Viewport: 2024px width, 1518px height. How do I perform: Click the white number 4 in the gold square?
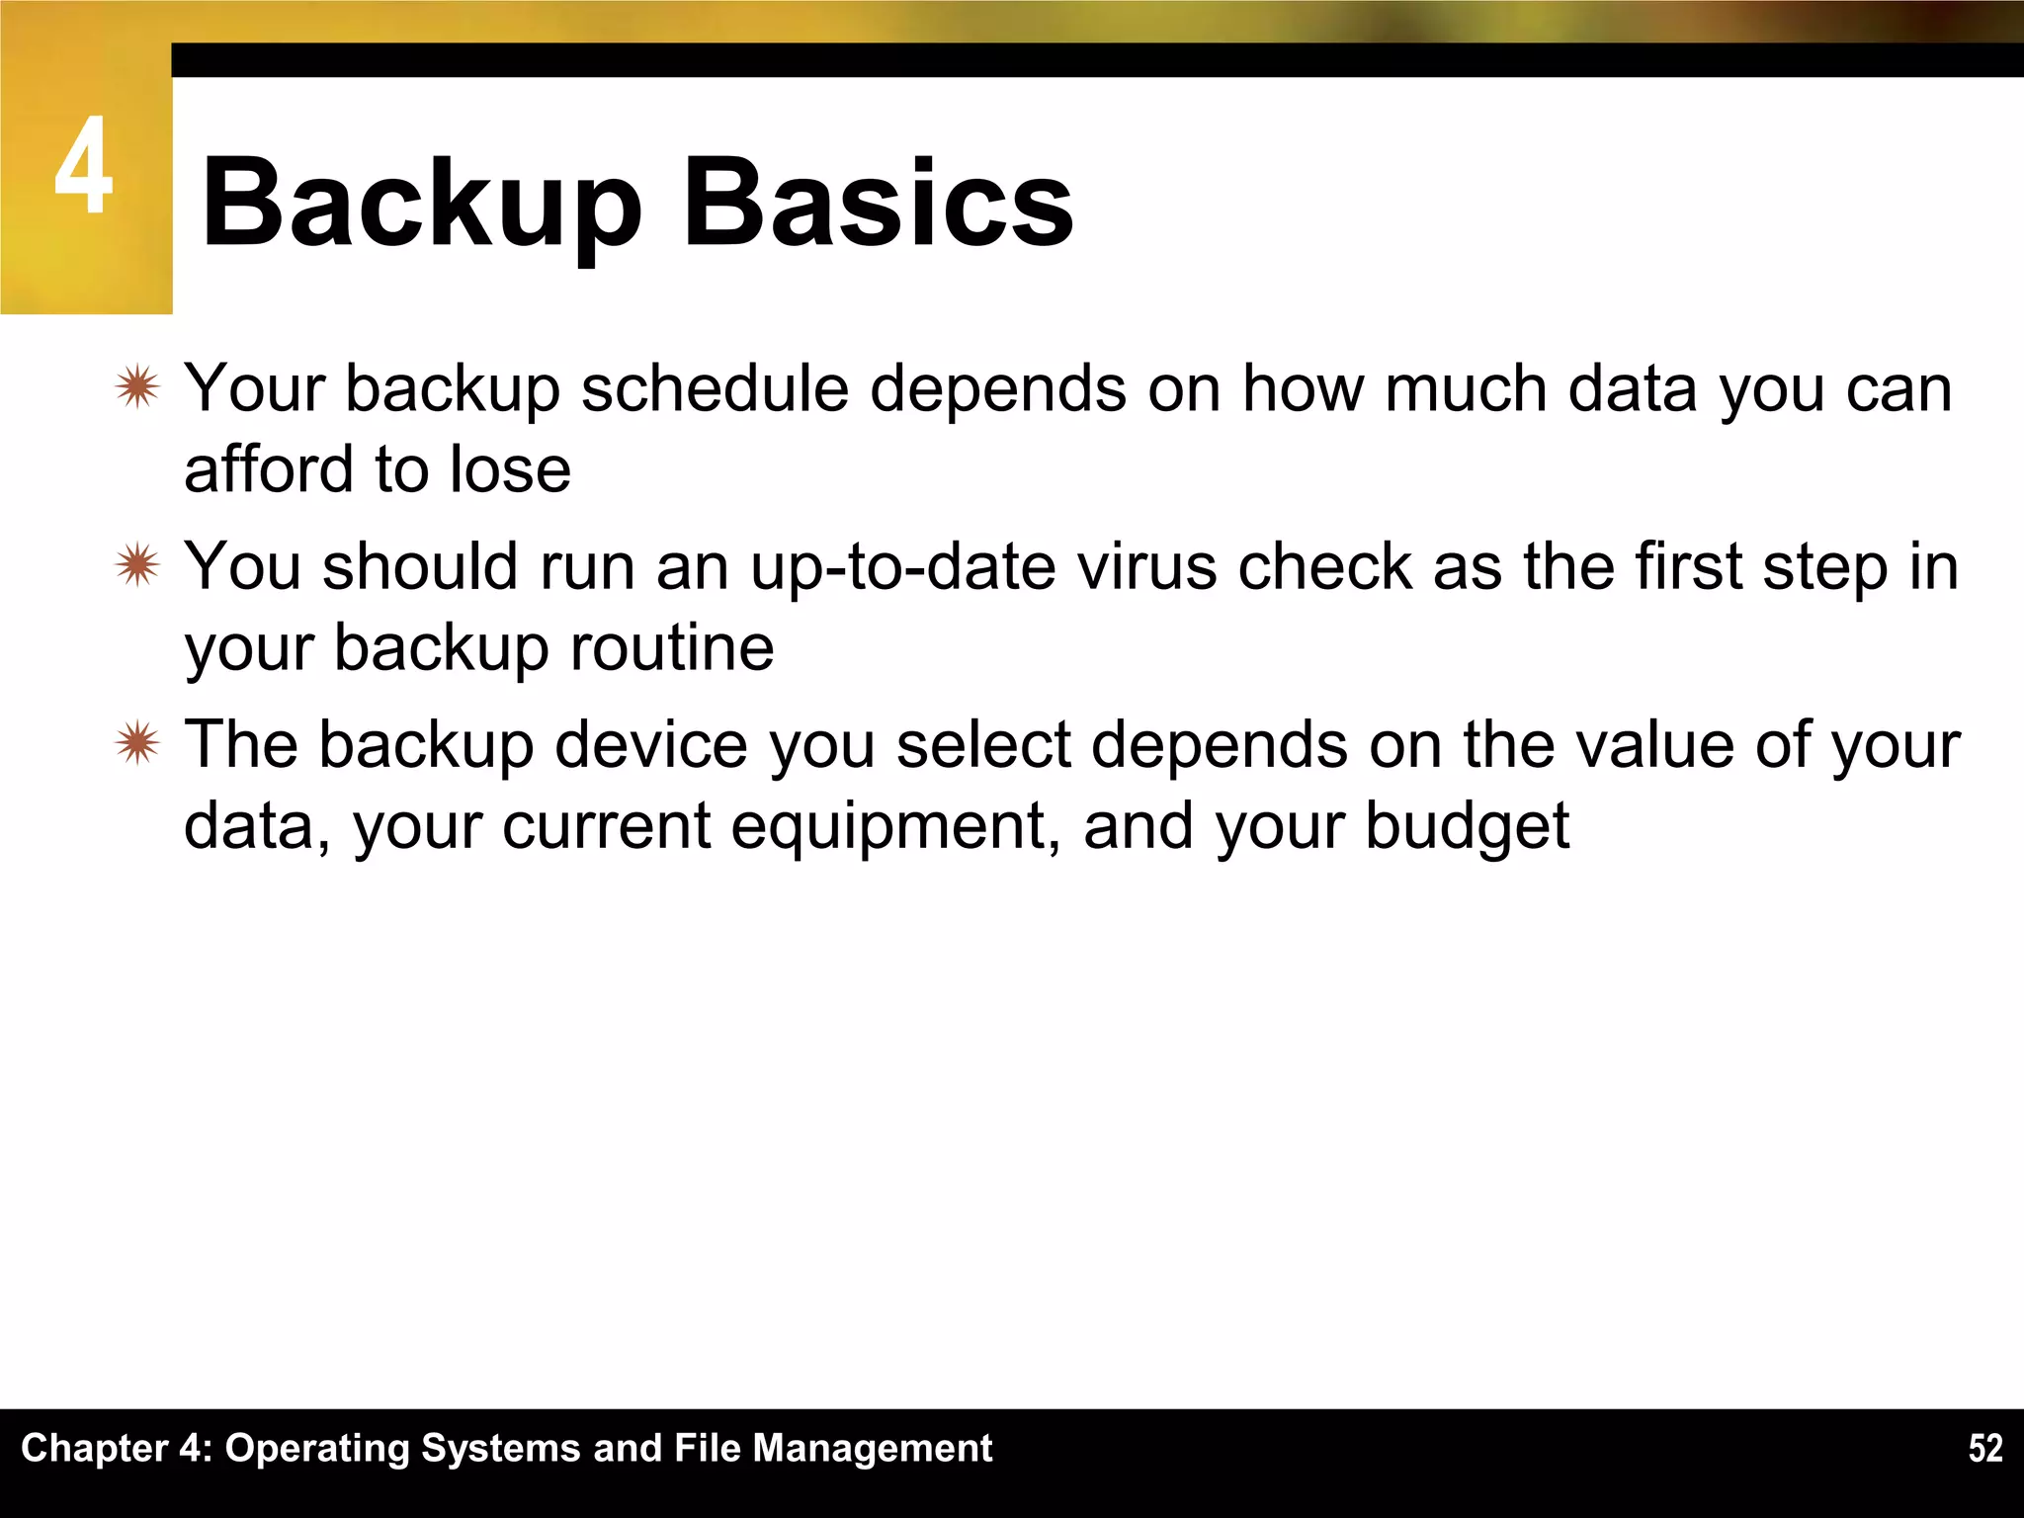point(83,166)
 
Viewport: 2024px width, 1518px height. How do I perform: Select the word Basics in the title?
point(878,204)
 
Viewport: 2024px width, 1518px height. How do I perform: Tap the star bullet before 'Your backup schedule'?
point(136,387)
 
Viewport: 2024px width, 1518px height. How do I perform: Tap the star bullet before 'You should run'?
point(136,566)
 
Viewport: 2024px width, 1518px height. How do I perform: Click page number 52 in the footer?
point(1984,1449)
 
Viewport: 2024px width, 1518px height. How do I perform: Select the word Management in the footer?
point(873,1449)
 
